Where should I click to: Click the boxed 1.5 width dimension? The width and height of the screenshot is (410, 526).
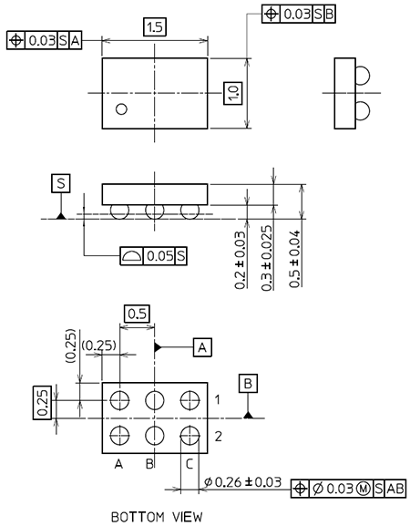(155, 27)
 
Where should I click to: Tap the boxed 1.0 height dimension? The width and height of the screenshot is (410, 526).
(233, 93)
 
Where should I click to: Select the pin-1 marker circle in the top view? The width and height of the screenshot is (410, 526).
(121, 109)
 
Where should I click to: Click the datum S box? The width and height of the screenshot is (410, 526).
(61, 183)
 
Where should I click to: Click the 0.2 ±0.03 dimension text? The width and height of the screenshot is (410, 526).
(241, 260)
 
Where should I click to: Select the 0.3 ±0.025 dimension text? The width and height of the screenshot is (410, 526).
(267, 258)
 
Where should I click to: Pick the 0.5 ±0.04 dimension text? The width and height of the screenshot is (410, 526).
(294, 259)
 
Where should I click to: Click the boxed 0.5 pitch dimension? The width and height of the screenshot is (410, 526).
(137, 314)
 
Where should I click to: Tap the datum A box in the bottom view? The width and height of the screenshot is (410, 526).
(202, 347)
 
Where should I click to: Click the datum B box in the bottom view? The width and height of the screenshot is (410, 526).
(248, 383)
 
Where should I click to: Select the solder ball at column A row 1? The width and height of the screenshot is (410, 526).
(119, 400)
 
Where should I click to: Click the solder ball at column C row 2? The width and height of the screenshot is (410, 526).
(190, 436)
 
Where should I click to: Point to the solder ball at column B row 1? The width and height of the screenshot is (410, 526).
(155, 400)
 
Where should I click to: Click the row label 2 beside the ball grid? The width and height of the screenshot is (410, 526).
(219, 437)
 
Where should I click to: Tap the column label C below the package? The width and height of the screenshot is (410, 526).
(190, 464)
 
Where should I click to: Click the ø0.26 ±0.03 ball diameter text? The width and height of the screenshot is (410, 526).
(243, 482)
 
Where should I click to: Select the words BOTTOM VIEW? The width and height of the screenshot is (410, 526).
(157, 517)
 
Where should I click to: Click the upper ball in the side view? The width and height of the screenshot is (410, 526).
(362, 76)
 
